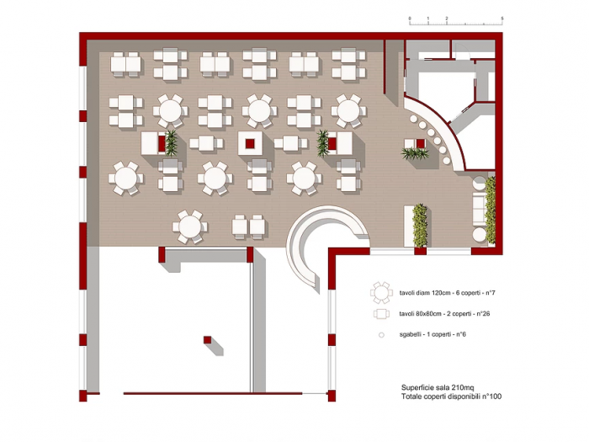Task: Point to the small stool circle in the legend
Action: pos(382,334)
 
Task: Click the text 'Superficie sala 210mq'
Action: pos(438,388)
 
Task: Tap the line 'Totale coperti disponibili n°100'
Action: pos(451,397)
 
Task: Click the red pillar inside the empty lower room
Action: pos(206,338)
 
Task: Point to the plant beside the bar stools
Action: pos(413,153)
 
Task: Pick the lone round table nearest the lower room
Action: pos(189,226)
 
